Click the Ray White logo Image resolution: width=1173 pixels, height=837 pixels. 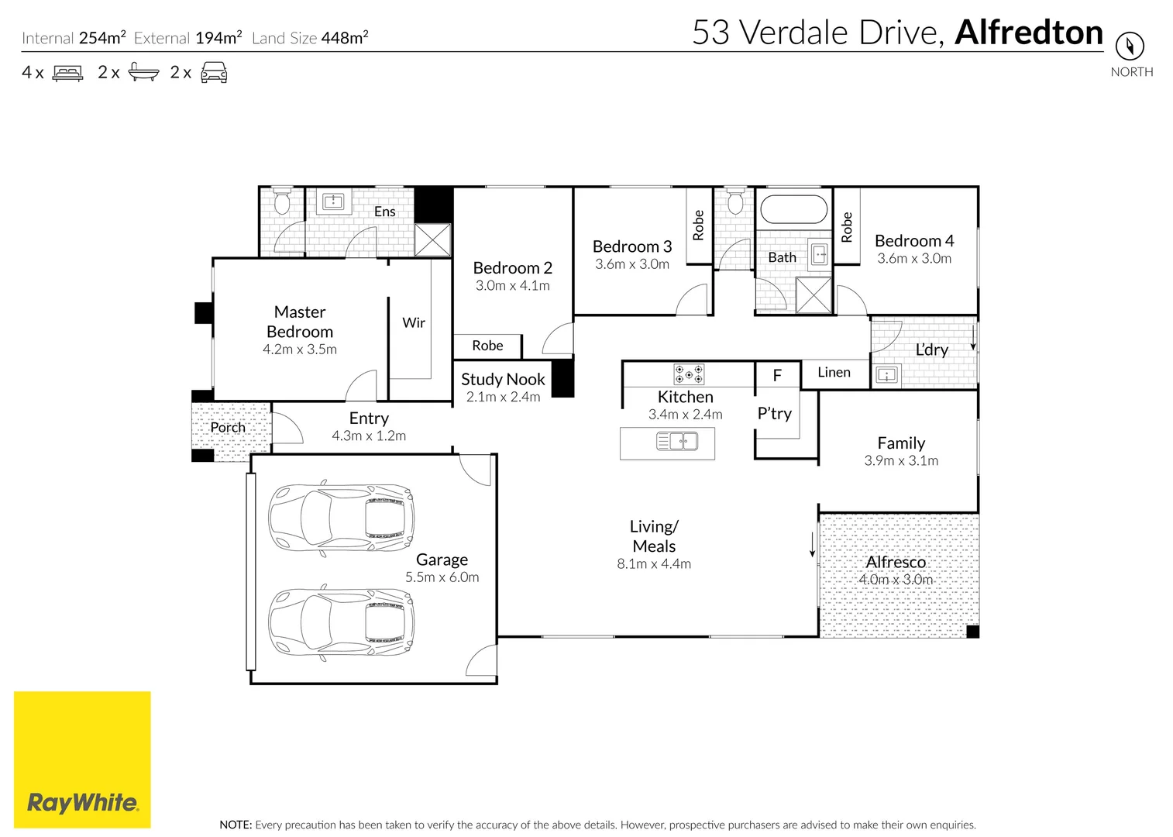click(82, 759)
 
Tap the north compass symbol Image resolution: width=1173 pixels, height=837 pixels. click(1130, 46)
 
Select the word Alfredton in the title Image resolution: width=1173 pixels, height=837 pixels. click(1029, 33)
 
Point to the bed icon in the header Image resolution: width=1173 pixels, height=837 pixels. click(67, 73)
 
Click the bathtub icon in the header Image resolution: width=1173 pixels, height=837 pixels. click(143, 73)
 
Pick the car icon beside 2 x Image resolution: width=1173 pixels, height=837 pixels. click(214, 73)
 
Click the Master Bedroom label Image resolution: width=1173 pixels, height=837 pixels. click(300, 322)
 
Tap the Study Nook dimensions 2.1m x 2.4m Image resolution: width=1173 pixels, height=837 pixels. click(503, 397)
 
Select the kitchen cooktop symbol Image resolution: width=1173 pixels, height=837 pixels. click(688, 374)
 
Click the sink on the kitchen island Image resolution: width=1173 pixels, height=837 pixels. click(677, 442)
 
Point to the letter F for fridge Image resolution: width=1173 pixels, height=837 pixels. click(777, 376)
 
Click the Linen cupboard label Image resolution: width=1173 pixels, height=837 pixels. click(834, 372)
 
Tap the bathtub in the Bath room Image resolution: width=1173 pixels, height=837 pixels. click(794, 209)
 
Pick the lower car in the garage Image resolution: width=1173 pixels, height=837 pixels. click(341, 622)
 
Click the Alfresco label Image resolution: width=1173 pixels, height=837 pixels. click(896, 562)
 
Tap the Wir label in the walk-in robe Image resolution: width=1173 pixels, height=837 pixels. click(414, 322)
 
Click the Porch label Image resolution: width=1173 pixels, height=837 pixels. click(228, 427)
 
